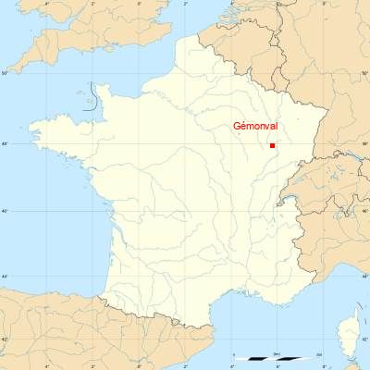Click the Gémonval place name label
click(256, 129)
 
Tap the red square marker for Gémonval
click(272, 145)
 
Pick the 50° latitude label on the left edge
click(4, 72)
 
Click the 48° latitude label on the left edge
click(4, 143)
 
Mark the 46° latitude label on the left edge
click(4, 212)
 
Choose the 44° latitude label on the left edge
click(4, 277)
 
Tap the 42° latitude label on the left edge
click(4, 339)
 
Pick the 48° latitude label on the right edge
click(365, 143)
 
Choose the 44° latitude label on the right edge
click(365, 277)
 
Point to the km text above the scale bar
click(277, 353)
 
